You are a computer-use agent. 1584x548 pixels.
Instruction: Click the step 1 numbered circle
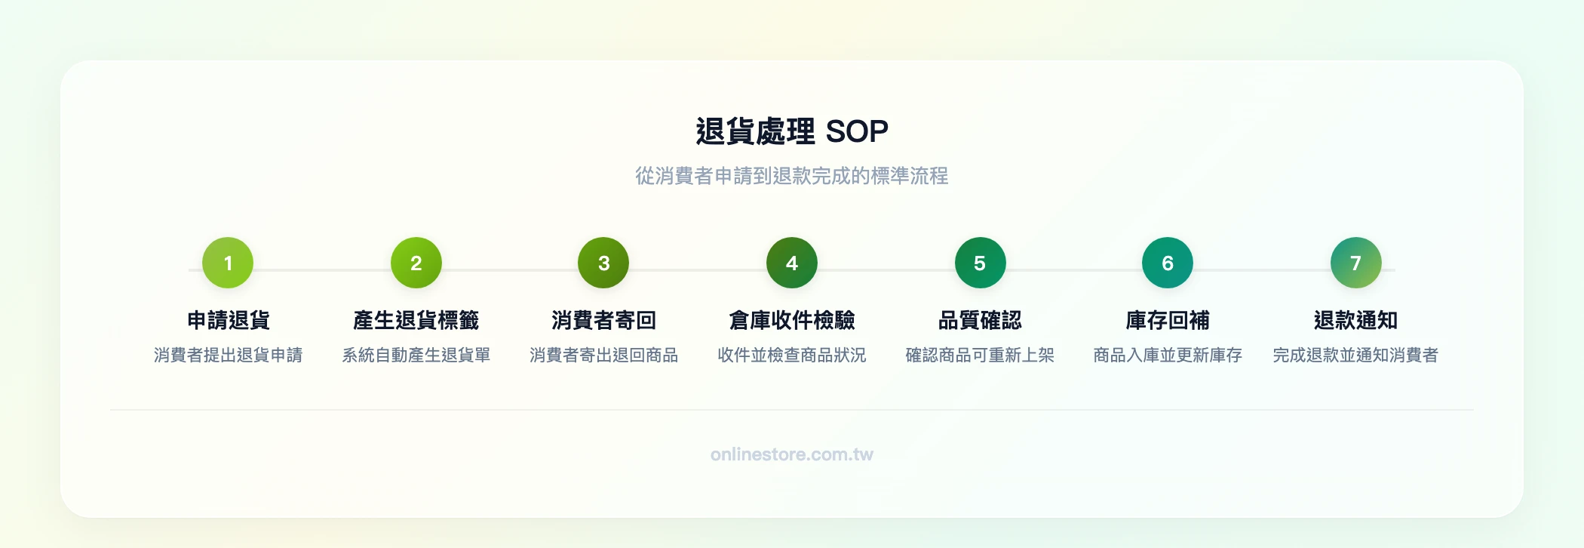228,263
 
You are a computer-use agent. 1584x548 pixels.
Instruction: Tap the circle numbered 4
791,263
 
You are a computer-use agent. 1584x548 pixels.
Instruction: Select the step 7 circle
1355,263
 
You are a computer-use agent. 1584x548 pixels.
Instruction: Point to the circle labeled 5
980,263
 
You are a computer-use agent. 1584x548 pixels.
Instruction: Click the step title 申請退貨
228,320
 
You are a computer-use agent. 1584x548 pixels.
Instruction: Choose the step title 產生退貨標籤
416,320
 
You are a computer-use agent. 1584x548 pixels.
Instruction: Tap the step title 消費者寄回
603,320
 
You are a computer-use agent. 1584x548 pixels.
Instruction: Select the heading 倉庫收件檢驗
791,320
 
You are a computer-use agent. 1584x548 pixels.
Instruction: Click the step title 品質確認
980,320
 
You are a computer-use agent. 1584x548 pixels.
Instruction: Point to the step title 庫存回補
1167,320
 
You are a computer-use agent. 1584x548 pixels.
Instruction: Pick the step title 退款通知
1355,320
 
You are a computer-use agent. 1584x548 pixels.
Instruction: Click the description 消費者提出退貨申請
228,355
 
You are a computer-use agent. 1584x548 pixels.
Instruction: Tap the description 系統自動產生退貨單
416,355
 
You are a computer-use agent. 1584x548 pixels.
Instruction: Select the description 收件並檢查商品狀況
791,355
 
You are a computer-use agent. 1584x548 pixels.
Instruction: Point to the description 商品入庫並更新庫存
1167,355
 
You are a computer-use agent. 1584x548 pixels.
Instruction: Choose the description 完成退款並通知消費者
1355,355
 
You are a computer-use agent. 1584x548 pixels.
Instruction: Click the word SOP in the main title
857,132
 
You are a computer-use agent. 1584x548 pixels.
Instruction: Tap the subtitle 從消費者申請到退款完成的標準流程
791,176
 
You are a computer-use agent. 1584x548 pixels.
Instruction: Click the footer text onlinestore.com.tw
791,454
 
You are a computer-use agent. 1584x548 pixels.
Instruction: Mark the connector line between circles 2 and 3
510,269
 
